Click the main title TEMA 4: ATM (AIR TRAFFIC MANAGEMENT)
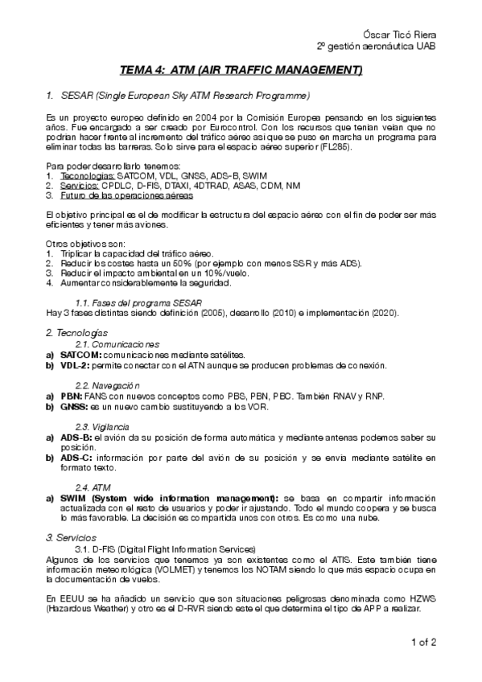coord(241,71)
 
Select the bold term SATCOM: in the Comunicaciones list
coord(80,355)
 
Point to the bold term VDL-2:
coord(75,365)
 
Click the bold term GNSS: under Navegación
coord(74,407)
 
